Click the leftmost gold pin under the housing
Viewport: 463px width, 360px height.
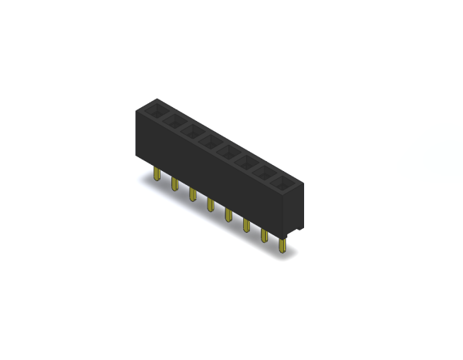[157, 176]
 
